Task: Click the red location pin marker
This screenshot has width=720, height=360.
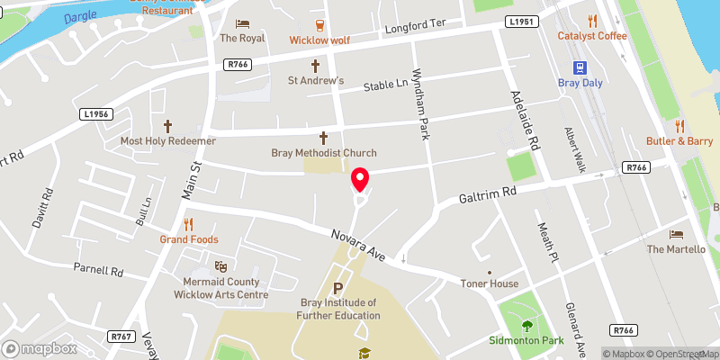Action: (x=360, y=180)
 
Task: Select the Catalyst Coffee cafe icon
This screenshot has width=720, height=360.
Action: (x=591, y=21)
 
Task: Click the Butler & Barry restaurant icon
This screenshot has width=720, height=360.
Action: (x=679, y=126)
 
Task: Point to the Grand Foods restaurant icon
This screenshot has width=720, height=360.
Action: (x=189, y=224)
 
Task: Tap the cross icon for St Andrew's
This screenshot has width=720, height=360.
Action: (x=316, y=66)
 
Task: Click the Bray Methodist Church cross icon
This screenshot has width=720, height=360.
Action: (x=324, y=138)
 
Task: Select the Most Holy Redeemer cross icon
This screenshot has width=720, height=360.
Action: (x=168, y=127)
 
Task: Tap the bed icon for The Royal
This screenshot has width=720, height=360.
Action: (x=240, y=23)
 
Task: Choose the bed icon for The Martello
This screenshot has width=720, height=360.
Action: (x=677, y=234)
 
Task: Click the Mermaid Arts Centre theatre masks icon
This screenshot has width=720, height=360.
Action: (x=220, y=266)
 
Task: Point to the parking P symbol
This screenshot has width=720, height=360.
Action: (x=338, y=288)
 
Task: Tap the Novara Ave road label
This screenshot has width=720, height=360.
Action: (x=356, y=244)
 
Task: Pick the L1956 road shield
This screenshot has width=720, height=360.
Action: (x=94, y=114)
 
